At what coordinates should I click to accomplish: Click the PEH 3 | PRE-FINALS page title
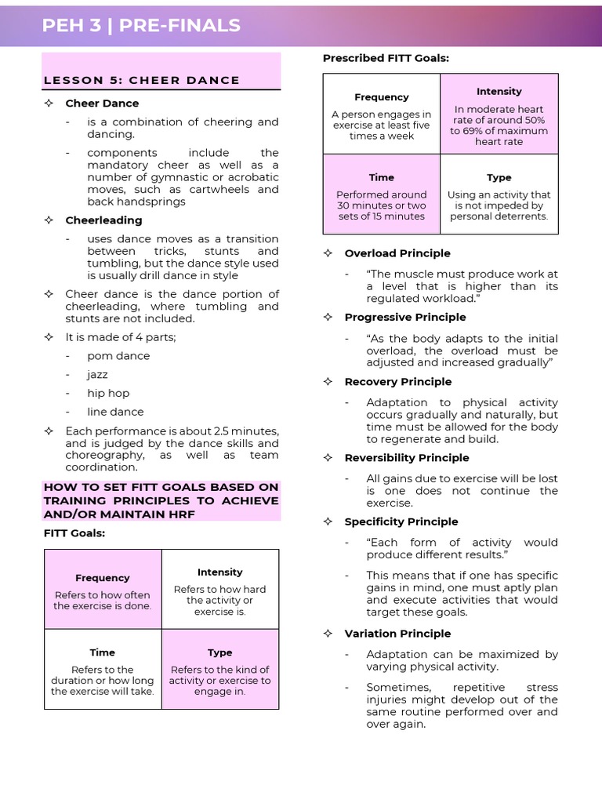(x=141, y=25)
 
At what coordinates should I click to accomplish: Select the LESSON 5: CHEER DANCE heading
(x=141, y=80)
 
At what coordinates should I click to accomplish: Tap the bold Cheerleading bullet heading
(x=103, y=220)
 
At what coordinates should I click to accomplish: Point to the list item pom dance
(x=118, y=355)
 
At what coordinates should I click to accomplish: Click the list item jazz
(x=97, y=374)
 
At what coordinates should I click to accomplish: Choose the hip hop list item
(x=108, y=393)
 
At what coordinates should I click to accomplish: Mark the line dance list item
(x=115, y=412)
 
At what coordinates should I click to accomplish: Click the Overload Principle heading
(x=397, y=253)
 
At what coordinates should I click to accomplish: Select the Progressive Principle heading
(x=404, y=317)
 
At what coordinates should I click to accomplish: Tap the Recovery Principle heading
(x=397, y=382)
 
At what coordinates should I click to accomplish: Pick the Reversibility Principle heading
(x=407, y=458)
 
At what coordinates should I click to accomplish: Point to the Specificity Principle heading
(x=401, y=521)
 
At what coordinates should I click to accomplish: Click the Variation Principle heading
(x=397, y=634)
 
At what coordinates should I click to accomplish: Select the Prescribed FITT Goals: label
(x=386, y=58)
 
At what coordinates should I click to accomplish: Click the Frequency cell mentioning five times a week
(x=381, y=114)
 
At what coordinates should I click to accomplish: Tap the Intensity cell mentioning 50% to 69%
(x=499, y=114)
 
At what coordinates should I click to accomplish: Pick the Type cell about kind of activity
(x=219, y=670)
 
